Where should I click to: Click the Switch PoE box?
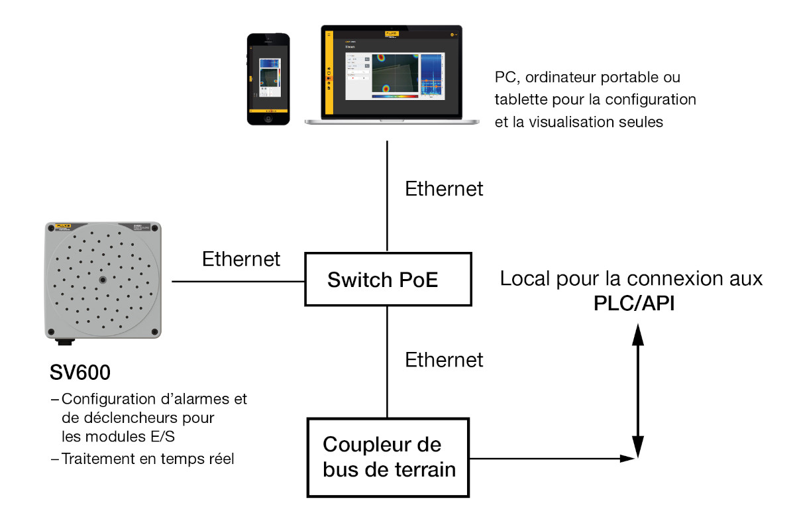388,279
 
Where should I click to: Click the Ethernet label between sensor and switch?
241,259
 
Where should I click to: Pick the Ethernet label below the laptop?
445,189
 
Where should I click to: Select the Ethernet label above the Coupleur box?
445,360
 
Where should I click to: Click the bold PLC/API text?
634,304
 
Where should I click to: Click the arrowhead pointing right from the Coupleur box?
624,458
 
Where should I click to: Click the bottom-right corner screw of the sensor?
154,331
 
